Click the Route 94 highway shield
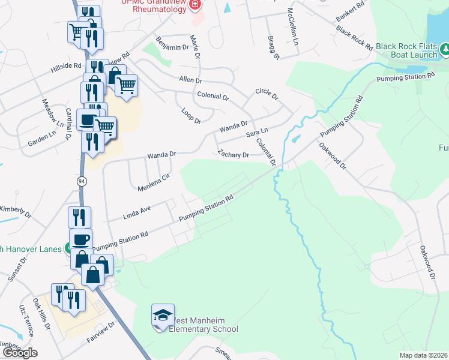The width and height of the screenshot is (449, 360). pyautogui.click(x=81, y=181)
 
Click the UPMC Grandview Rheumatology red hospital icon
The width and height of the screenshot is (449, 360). pyautogui.click(x=195, y=5)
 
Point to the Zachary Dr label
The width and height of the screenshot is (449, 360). pyautogui.click(x=234, y=155)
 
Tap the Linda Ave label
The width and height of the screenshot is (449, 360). pyautogui.click(x=136, y=212)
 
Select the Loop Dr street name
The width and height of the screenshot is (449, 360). pyautogui.click(x=191, y=116)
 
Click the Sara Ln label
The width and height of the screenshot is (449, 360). pyautogui.click(x=256, y=133)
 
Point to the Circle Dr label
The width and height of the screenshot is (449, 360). pyautogui.click(x=267, y=94)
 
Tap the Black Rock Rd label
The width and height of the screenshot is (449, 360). pyautogui.click(x=351, y=37)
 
